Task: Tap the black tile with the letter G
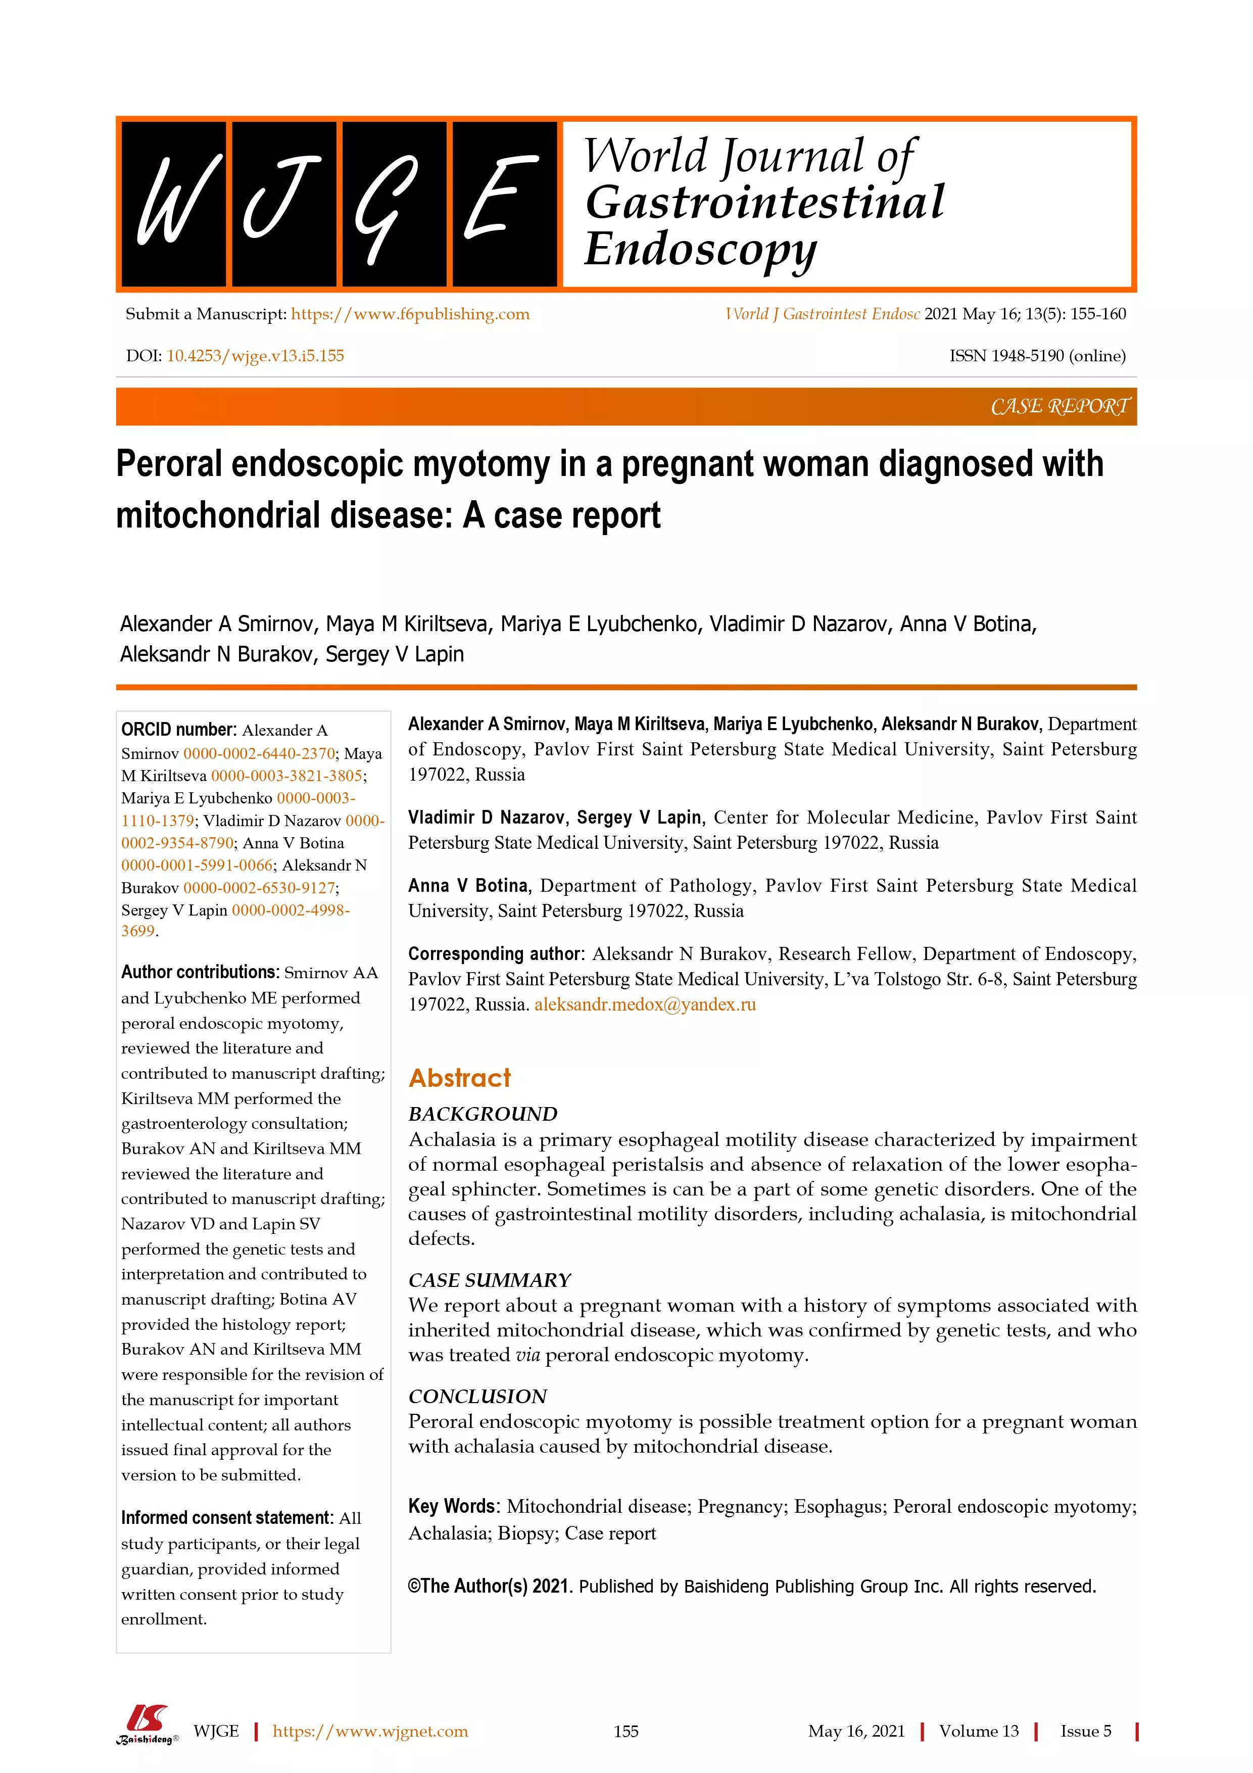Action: click(x=394, y=204)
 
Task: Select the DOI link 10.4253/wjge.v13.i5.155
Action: click(x=256, y=356)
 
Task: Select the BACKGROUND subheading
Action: click(x=483, y=1114)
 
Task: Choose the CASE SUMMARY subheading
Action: click(x=490, y=1280)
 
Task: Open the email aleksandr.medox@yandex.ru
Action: click(x=645, y=1004)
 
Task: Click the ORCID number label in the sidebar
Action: click(x=177, y=730)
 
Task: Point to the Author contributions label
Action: click(x=199, y=972)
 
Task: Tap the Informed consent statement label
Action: click(x=227, y=1517)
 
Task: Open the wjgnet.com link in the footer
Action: click(x=370, y=1731)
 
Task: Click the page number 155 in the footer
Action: click(x=626, y=1731)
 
